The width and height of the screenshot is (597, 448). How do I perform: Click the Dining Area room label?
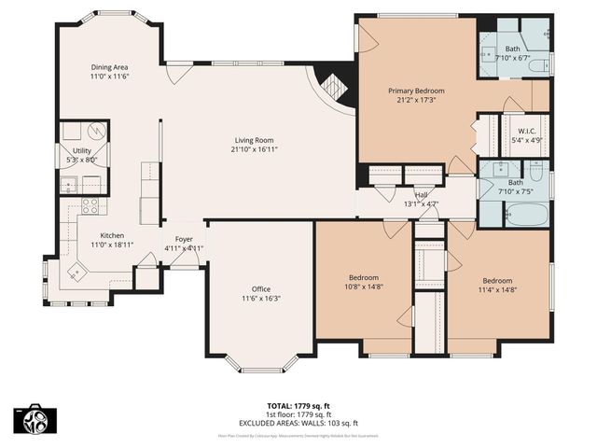[x=109, y=67]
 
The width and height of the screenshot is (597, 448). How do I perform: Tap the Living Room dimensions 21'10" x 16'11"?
[x=255, y=149]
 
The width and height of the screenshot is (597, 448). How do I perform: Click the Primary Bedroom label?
[x=416, y=91]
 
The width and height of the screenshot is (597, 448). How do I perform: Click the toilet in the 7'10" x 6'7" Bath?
[x=543, y=63]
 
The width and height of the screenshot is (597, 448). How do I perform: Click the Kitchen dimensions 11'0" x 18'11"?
[x=109, y=245]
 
